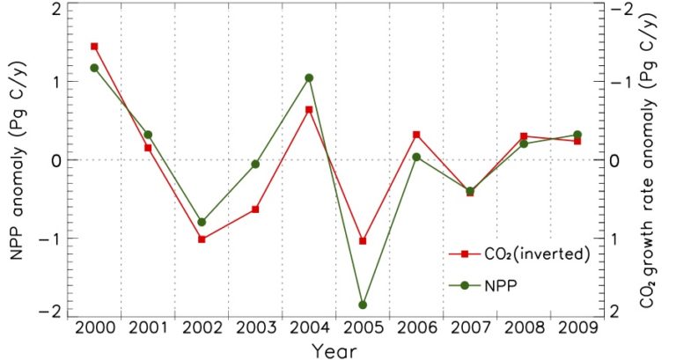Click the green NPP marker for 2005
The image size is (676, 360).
[363, 305]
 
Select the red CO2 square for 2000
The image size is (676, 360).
[94, 46]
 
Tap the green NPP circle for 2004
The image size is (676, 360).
[309, 77]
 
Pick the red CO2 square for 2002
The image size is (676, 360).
[202, 239]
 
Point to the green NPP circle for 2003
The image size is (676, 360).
[255, 164]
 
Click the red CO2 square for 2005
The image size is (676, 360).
[363, 240]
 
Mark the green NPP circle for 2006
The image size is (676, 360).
[416, 157]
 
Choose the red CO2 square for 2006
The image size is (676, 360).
[416, 135]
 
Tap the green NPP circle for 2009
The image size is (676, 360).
[577, 135]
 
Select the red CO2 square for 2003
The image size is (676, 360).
[255, 209]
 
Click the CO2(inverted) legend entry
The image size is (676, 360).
[519, 253]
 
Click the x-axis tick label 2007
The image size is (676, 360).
[470, 327]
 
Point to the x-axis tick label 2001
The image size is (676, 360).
[148, 327]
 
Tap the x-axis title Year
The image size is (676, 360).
[335, 349]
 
